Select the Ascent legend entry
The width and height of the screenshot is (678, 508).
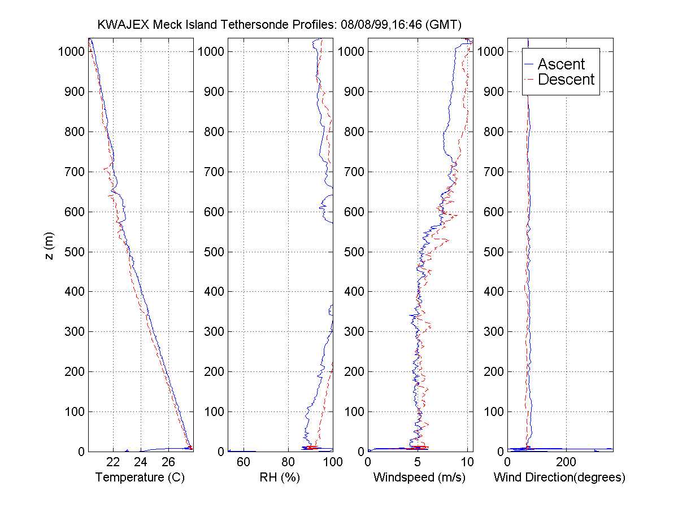561,64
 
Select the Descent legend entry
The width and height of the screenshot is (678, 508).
566,80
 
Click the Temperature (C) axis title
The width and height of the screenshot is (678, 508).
140,478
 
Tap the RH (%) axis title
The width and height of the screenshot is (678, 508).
280,478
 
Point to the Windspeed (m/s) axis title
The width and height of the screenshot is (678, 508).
420,478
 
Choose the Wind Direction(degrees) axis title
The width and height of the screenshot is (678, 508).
559,478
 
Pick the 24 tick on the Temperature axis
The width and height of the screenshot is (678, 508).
141,462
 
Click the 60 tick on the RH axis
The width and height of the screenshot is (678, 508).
244,462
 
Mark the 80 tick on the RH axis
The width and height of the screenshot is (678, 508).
288,462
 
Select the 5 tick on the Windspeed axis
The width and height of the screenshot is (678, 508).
418,462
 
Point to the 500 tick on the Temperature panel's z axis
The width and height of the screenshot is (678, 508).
73,252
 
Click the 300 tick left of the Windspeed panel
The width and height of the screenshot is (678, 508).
353,332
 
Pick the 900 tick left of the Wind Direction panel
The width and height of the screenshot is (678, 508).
493,91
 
